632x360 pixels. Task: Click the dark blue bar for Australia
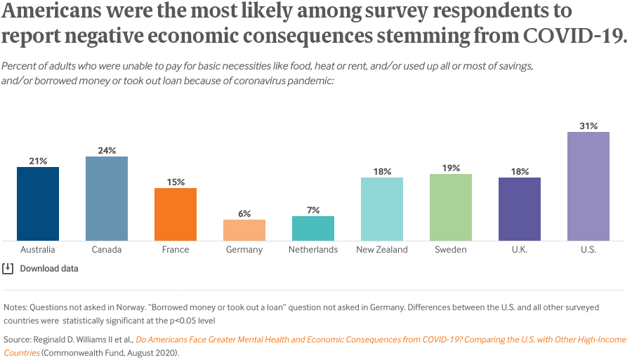[38, 204]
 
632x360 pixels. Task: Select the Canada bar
[107, 199]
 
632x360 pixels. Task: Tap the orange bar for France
[176, 214]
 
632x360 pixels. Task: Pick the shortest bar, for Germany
[244, 230]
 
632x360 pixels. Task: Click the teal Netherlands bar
[313, 228]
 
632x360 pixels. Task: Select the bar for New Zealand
[382, 209]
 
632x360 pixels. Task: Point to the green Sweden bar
[451, 207]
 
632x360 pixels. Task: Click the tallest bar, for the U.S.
[588, 186]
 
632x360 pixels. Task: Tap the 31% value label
[588, 126]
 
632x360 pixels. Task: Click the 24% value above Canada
[107, 150]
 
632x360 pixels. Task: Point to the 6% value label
[244, 213]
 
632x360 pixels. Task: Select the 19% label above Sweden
[451, 168]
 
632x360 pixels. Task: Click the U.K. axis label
[520, 250]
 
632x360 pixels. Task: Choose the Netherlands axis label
[313, 250]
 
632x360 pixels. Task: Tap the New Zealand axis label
[382, 250]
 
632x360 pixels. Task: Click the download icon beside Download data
[8, 268]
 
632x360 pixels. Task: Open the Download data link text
[49, 269]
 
